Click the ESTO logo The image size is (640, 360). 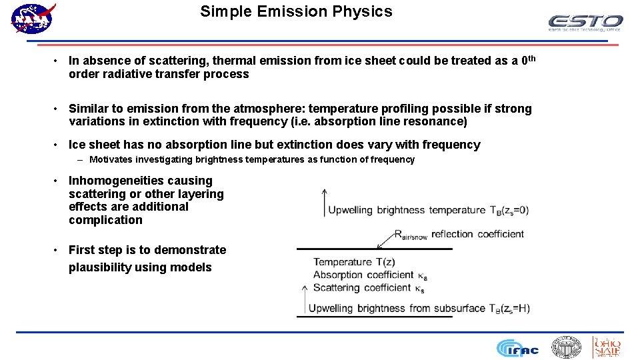point(585,23)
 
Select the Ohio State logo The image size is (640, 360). point(607,347)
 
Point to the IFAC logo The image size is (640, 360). point(517,348)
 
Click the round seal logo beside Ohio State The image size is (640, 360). point(566,347)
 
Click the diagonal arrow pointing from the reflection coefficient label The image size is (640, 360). point(386,240)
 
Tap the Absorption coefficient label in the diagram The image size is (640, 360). point(364,275)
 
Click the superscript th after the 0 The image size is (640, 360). point(531,59)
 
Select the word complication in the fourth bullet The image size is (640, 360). point(105,220)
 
